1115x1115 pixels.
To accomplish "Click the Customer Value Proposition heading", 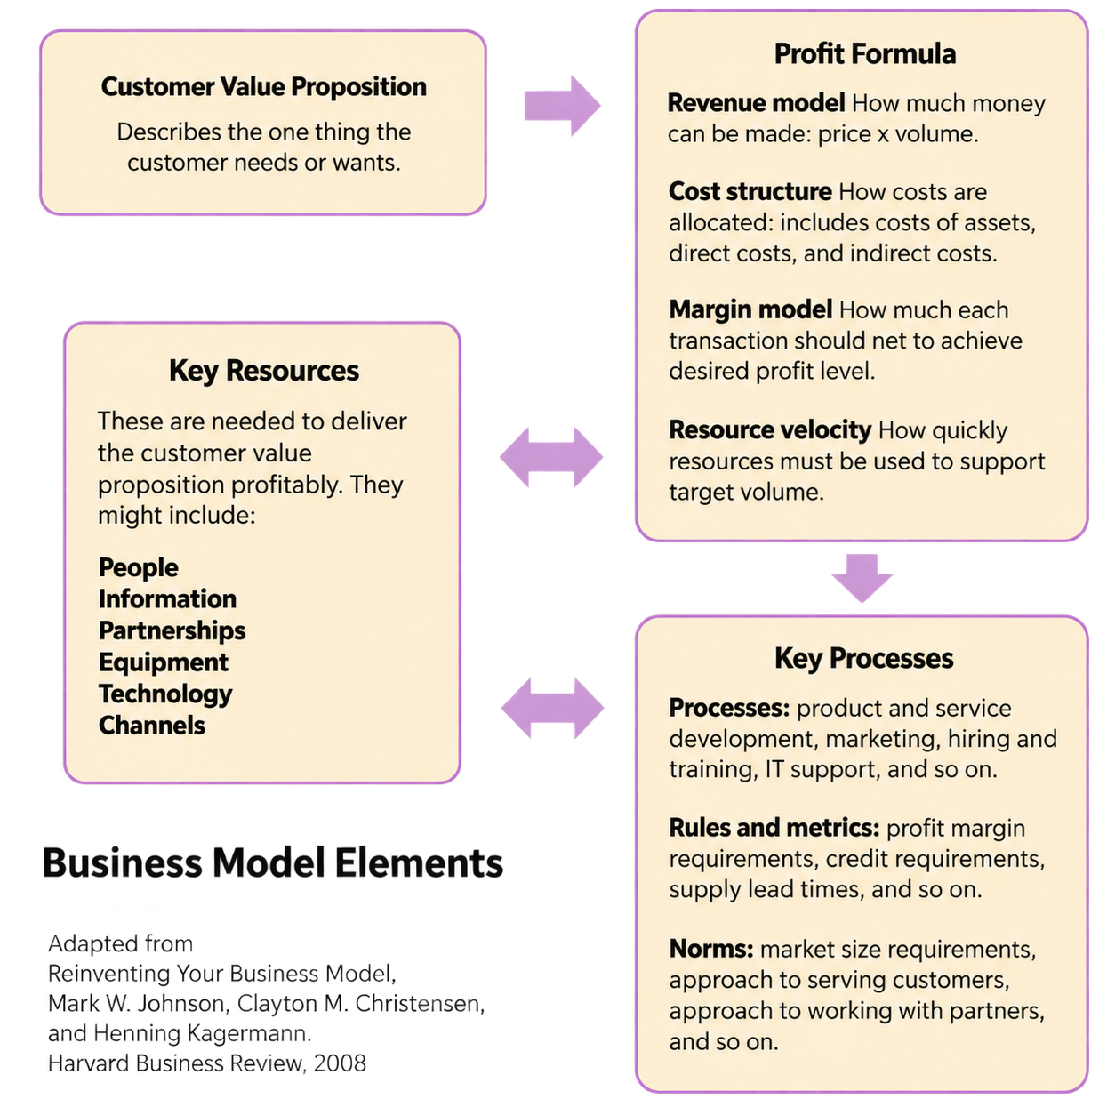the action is pyautogui.click(x=264, y=87).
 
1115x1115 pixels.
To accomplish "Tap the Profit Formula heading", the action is pyautogui.click(x=865, y=54).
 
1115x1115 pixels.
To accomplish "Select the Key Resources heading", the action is pyautogui.click(x=264, y=370).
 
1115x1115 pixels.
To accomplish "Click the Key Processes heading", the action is pyautogui.click(x=864, y=658).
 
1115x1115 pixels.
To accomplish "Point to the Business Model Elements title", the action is pyautogui.click(x=273, y=862).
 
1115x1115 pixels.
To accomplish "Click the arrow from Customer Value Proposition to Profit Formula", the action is pyautogui.click(x=563, y=105).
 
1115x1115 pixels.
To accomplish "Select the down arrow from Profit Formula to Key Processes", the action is pyautogui.click(x=862, y=578).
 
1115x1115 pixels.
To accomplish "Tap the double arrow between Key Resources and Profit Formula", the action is pyautogui.click(x=551, y=457).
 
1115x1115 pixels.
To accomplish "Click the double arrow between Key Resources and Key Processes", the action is pyautogui.click(x=552, y=708).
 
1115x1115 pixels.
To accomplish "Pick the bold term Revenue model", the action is pyautogui.click(x=757, y=103).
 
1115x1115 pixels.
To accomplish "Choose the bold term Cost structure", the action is pyautogui.click(x=750, y=191).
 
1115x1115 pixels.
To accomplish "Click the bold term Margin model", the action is pyautogui.click(x=751, y=309).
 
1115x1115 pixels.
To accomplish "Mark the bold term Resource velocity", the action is pyautogui.click(x=770, y=430).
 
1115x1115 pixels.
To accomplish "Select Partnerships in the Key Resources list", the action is pyautogui.click(x=172, y=630).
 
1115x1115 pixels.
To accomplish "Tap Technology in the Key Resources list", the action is pyautogui.click(x=165, y=694).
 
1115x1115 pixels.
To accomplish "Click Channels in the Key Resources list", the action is pyautogui.click(x=152, y=725).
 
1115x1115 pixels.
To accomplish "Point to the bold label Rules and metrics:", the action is pyautogui.click(x=774, y=828).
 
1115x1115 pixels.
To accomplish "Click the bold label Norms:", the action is pyautogui.click(x=711, y=949).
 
